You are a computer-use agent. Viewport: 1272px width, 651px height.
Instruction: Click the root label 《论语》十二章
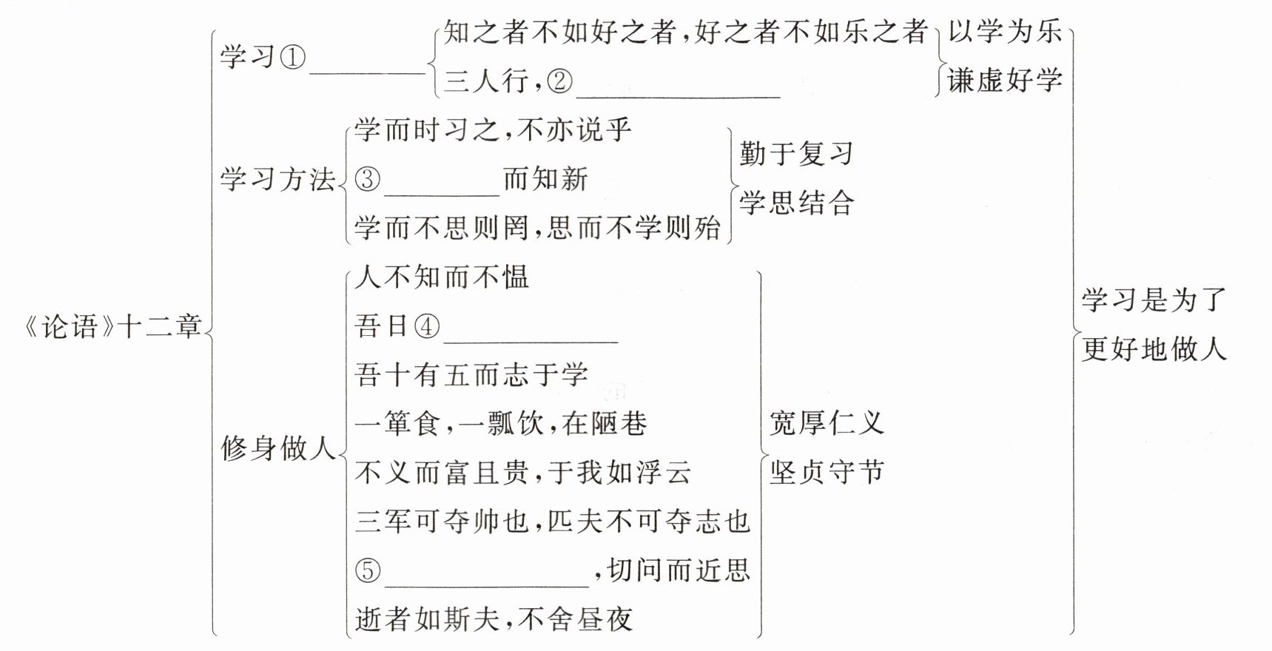pos(113,325)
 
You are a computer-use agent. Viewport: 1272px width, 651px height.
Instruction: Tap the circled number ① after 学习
pos(292,57)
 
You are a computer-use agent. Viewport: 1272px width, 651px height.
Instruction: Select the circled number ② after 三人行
pos(559,81)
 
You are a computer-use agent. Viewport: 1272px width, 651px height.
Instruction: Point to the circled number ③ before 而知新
pos(368,180)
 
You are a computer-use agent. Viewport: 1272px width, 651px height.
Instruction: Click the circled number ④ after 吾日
pos(426,326)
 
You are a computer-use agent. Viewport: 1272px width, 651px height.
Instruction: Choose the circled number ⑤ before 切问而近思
pos(368,570)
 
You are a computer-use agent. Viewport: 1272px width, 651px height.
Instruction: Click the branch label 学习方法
pos(277,180)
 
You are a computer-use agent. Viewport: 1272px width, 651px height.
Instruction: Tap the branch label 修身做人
pos(278,448)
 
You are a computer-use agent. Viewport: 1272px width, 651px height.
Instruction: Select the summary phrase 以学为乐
pos(1005,33)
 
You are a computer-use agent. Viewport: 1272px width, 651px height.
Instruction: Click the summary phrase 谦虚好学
pos(1005,81)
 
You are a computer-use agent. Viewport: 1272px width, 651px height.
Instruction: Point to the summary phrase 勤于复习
pos(796,154)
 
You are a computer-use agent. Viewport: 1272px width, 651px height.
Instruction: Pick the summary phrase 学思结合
pos(796,203)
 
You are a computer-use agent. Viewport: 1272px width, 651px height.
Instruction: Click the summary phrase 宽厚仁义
pos(827,423)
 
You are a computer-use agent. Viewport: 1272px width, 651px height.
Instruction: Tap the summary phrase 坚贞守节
pos(827,472)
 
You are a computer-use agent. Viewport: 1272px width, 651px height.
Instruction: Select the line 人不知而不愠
pos(442,277)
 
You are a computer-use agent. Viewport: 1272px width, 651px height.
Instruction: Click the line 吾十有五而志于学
pos(471,375)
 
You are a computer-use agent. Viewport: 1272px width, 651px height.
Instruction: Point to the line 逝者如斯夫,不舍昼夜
pos(494,619)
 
